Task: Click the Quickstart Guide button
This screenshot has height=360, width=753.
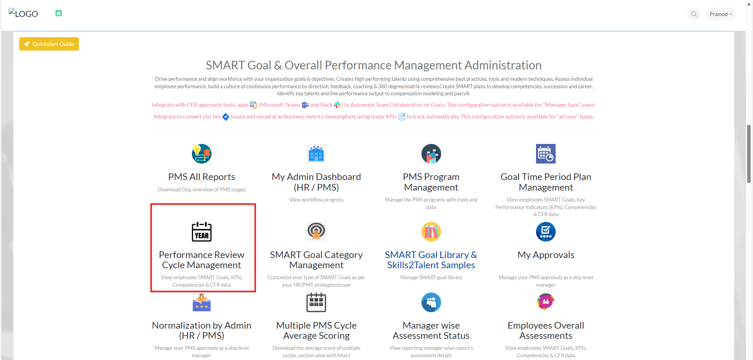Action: pyautogui.click(x=49, y=44)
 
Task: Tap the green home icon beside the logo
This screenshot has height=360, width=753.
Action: pyautogui.click(x=58, y=13)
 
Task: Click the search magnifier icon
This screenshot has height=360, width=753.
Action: pyautogui.click(x=694, y=14)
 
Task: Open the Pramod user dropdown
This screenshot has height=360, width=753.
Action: pyautogui.click(x=721, y=14)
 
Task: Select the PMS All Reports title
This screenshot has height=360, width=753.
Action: pyautogui.click(x=202, y=177)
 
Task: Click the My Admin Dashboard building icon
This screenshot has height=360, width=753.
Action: pyautogui.click(x=316, y=154)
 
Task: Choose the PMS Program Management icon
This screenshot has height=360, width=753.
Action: pyautogui.click(x=431, y=154)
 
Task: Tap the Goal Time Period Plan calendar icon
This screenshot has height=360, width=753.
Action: pyautogui.click(x=546, y=154)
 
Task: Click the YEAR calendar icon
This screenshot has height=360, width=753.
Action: pyautogui.click(x=202, y=232)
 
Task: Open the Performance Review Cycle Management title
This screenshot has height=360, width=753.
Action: pyautogui.click(x=202, y=260)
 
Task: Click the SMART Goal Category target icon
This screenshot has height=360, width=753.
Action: pyautogui.click(x=316, y=232)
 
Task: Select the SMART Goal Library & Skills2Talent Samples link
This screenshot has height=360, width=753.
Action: pyautogui.click(x=431, y=260)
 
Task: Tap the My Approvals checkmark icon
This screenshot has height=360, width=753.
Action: pyautogui.click(x=546, y=232)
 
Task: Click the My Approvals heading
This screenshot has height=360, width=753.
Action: pyautogui.click(x=546, y=255)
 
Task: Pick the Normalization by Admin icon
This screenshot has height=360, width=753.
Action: pyautogui.click(x=202, y=303)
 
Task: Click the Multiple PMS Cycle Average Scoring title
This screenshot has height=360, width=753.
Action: pyautogui.click(x=316, y=331)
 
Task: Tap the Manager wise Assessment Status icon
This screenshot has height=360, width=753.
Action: pyautogui.click(x=431, y=302)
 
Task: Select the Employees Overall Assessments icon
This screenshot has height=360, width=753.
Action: pyautogui.click(x=546, y=302)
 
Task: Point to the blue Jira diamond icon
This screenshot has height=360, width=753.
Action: pyautogui.click(x=226, y=117)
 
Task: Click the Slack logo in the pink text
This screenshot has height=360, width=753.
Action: pyautogui.click(x=337, y=105)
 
